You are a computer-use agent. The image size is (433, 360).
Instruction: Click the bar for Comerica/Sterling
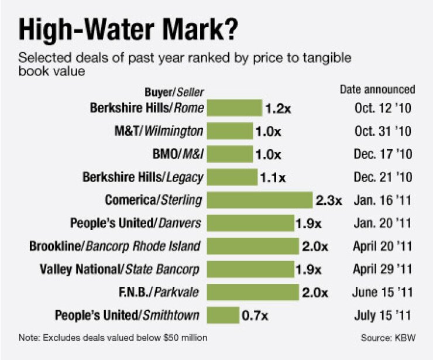260,200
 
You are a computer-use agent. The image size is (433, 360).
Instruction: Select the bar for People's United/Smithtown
223,316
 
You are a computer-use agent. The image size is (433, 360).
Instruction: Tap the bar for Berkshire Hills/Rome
235,108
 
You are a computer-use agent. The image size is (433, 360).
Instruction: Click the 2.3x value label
329,200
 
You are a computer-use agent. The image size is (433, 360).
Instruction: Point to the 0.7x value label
255,316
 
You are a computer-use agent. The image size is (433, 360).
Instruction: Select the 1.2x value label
278,108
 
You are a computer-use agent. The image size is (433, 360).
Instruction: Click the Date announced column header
377,90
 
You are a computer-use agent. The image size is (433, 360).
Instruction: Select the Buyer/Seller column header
174,92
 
